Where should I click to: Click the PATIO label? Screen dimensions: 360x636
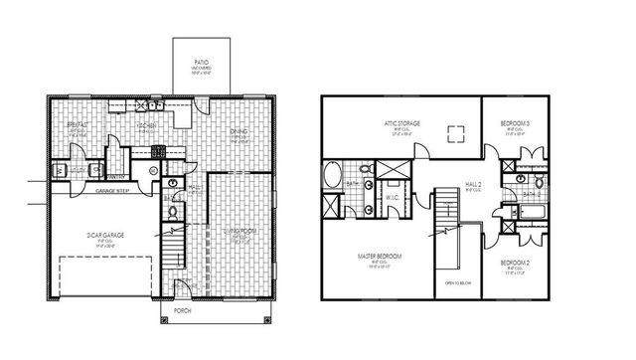(201, 62)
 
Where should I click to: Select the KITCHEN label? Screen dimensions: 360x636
(147, 127)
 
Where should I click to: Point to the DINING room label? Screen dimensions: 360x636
(239, 130)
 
